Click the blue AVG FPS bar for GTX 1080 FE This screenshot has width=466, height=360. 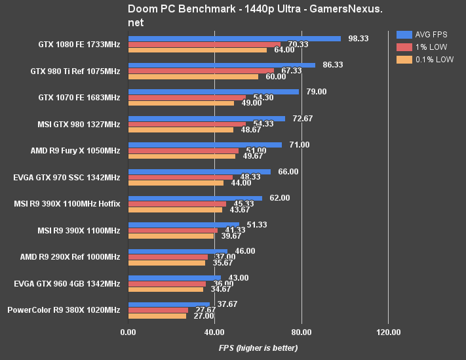tap(235, 39)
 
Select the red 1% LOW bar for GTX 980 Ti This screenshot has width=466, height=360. tap(201, 71)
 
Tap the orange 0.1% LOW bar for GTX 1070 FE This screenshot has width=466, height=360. tap(181, 103)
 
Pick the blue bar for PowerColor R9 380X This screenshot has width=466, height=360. tap(169, 304)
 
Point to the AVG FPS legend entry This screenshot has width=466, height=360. tap(426, 35)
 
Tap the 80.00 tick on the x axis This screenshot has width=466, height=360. tap(301, 332)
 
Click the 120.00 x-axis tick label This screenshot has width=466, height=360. tap(388, 332)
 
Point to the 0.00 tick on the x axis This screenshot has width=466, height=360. tap(128, 332)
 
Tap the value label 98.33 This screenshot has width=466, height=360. tap(359, 39)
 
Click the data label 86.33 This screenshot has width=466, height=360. tap(333, 65)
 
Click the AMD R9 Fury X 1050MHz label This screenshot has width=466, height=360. tap(75, 151)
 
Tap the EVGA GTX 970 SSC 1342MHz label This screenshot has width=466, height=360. tap(67, 177)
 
